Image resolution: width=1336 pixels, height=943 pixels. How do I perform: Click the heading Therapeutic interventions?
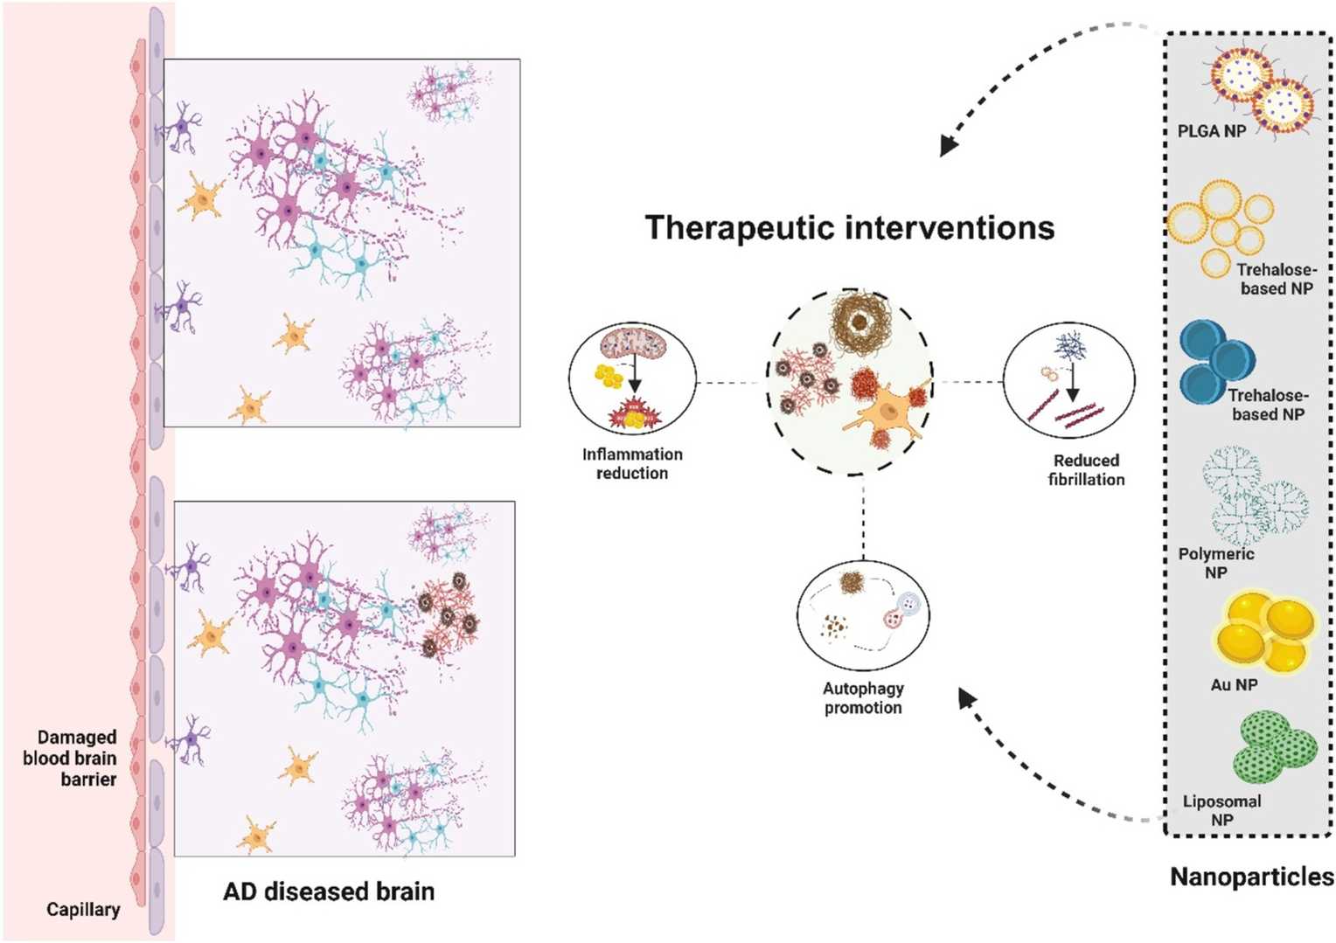(x=849, y=228)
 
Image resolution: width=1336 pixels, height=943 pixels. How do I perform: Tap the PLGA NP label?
(x=1211, y=131)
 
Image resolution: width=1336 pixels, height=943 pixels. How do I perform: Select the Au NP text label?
(x=1234, y=685)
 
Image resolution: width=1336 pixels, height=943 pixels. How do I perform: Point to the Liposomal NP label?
(x=1221, y=810)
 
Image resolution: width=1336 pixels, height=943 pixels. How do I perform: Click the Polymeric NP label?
(x=1215, y=563)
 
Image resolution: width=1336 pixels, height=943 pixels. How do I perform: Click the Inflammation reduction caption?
(x=632, y=463)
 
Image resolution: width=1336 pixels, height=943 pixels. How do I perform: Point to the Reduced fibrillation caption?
(x=1086, y=469)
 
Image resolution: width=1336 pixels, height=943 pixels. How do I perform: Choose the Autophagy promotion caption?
(x=863, y=698)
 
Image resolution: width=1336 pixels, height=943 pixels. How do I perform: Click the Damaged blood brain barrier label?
(x=71, y=758)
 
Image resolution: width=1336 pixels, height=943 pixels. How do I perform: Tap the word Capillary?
(x=83, y=909)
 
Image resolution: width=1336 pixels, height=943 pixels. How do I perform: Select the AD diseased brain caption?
(x=329, y=891)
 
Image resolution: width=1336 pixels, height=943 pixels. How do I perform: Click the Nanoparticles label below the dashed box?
(x=1251, y=877)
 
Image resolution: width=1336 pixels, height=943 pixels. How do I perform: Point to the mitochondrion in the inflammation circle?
(x=633, y=343)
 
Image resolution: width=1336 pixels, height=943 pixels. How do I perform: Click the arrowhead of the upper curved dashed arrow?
(x=948, y=146)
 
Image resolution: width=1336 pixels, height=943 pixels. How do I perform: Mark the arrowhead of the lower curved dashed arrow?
(x=965, y=697)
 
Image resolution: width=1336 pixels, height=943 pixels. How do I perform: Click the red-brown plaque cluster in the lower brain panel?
(x=447, y=614)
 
